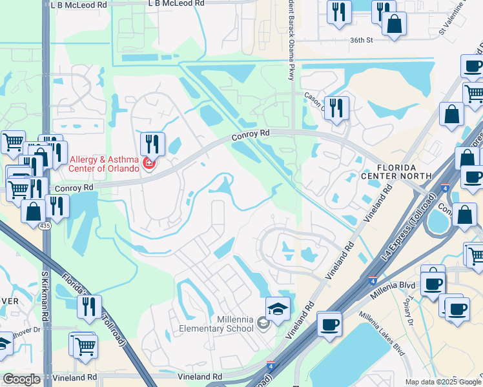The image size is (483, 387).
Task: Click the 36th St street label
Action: point(362,39)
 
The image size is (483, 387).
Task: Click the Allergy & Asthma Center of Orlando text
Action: point(104,164)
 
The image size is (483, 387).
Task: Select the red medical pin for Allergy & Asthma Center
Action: point(149,164)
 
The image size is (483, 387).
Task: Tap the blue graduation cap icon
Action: point(278,310)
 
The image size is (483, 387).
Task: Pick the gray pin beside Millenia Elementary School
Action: point(262,322)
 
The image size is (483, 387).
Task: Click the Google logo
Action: point(21,379)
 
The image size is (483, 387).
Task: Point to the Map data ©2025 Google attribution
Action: point(443,382)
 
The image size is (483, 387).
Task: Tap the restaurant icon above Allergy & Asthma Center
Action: point(152,143)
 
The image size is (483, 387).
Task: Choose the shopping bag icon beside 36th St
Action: point(394,26)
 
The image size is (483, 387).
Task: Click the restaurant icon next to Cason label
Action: point(336,108)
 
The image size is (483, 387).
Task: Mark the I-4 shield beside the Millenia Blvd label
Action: point(373,281)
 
